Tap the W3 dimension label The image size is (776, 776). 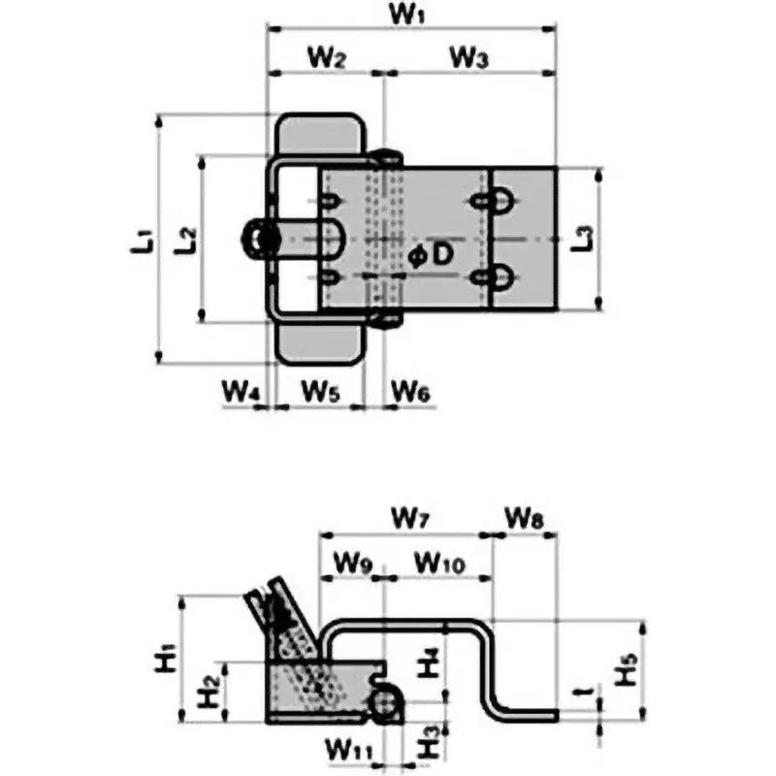(x=469, y=58)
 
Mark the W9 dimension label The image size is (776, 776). (x=351, y=561)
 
